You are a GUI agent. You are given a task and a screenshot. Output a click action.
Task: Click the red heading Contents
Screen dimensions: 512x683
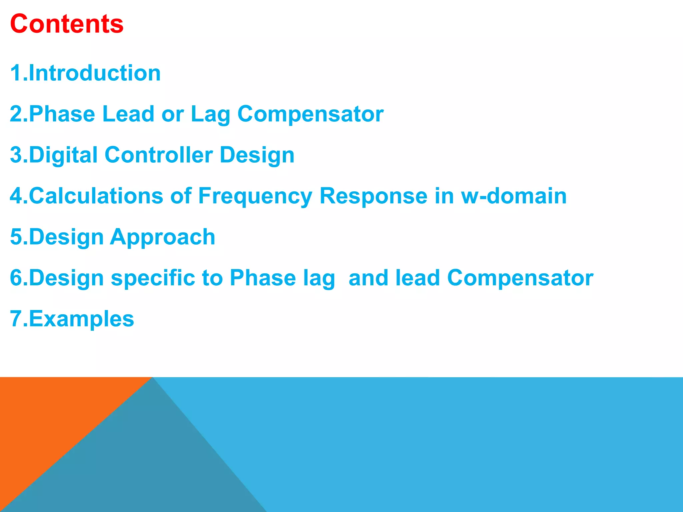[67, 24]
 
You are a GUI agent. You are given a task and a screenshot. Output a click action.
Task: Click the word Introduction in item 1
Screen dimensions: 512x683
[95, 73]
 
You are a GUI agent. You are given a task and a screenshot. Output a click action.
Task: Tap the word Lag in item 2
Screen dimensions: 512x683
[210, 114]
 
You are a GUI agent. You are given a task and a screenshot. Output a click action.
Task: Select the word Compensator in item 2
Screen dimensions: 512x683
[310, 114]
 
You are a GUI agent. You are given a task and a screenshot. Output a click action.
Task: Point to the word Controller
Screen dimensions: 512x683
[159, 155]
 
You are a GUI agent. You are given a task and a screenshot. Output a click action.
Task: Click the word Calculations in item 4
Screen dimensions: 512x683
[96, 196]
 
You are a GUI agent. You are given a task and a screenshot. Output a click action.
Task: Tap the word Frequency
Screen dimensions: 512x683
[255, 196]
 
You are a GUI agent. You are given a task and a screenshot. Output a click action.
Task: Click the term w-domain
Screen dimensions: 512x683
[514, 196]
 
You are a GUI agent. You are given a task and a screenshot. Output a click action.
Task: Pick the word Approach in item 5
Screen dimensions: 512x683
[163, 237]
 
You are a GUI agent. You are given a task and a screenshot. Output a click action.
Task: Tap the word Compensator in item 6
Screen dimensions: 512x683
[520, 278]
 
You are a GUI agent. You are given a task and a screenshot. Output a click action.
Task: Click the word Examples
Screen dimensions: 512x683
[81, 319]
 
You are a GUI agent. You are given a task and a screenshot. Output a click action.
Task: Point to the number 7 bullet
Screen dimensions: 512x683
[16, 319]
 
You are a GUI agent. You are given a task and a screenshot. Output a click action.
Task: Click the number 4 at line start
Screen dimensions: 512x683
[16, 196]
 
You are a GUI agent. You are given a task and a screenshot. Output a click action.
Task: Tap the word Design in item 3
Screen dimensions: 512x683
[257, 155]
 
